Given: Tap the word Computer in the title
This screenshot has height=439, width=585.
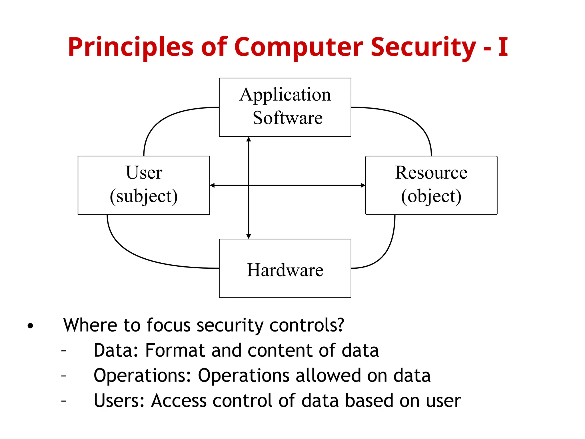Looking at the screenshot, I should point(298,47).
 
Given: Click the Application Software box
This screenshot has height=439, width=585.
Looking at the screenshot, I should point(285,107).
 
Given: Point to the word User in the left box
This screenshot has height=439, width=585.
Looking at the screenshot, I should point(144,173).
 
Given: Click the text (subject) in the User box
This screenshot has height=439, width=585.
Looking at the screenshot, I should point(144,196).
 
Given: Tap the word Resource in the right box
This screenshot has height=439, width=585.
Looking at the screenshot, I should point(431,173).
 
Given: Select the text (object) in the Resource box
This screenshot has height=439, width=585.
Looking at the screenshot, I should point(431,196).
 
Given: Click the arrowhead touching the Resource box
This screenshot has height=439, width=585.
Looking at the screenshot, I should point(363,185).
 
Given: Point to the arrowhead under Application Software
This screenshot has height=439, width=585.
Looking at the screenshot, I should point(249,139).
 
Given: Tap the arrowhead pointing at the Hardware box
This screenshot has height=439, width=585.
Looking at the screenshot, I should point(249,236).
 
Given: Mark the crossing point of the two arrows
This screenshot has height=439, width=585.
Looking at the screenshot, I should point(249,185).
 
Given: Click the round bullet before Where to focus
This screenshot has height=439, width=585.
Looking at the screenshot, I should point(30,326).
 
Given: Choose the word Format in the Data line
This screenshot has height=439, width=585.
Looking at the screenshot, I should point(175,350).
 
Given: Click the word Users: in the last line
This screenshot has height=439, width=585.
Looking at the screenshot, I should point(119,400).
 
